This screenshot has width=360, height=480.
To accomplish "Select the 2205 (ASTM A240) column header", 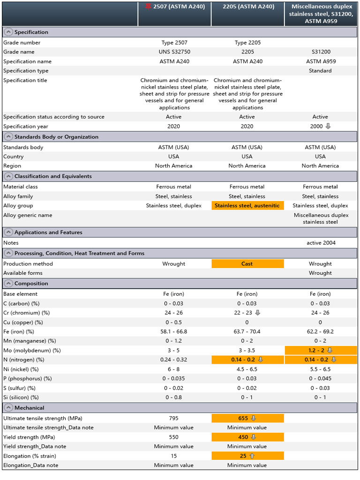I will pyautogui.click(x=247, y=7).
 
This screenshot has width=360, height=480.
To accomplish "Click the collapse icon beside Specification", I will pyautogui.click(x=8, y=32).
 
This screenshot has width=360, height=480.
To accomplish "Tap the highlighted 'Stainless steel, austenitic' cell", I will pyautogui.click(x=247, y=206).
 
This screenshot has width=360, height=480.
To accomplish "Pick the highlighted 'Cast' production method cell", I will pyautogui.click(x=247, y=264).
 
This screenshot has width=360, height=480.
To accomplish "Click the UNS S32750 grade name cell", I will pyautogui.click(x=174, y=52).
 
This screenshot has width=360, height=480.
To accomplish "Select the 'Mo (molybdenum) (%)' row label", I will pyautogui.click(x=30, y=351).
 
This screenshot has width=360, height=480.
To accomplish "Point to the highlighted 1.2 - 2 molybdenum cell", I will pyautogui.click(x=321, y=351).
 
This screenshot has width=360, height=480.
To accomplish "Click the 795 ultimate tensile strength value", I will pyautogui.click(x=174, y=418).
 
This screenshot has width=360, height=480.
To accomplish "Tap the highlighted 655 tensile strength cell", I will pyautogui.click(x=247, y=418).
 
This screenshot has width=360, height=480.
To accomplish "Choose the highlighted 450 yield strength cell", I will pyautogui.click(x=247, y=437).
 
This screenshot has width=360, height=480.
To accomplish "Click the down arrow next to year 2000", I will pyautogui.click(x=328, y=127).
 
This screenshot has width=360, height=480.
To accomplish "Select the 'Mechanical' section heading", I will pyautogui.click(x=30, y=408).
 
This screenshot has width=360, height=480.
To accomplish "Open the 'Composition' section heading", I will pyautogui.click(x=31, y=284).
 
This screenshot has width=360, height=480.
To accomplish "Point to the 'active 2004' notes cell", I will pyautogui.click(x=321, y=243).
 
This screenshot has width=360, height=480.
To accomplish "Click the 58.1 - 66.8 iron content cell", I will pyautogui.click(x=174, y=332).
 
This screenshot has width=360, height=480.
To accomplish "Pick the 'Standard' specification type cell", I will pyautogui.click(x=321, y=71).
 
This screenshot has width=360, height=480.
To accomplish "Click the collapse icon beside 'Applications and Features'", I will pyautogui.click(x=8, y=232).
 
